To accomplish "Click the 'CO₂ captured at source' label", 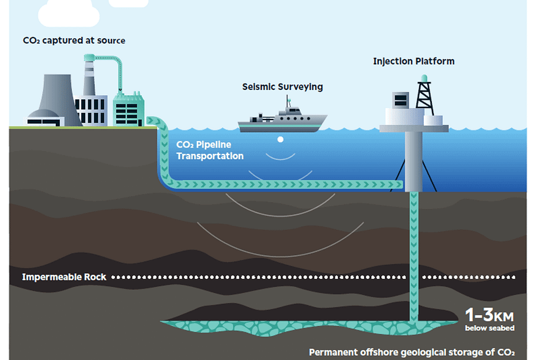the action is [x=74, y=41].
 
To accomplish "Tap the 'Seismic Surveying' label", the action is [x=282, y=87].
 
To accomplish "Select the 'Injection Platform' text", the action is [x=413, y=62].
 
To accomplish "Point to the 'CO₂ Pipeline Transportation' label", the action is [x=210, y=150].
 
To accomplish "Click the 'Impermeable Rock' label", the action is [x=64, y=277].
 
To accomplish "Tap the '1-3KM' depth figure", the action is [x=489, y=315].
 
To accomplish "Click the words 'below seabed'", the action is [x=489, y=328].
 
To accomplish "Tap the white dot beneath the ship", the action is [x=280, y=139].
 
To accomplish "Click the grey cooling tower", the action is [x=58, y=100].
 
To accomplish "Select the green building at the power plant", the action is [x=128, y=109].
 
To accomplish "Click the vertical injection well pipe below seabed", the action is [x=414, y=257].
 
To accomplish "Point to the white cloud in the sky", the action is [x=69, y=13].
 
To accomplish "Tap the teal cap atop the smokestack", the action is [x=89, y=57].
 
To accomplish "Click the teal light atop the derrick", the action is [x=424, y=78].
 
